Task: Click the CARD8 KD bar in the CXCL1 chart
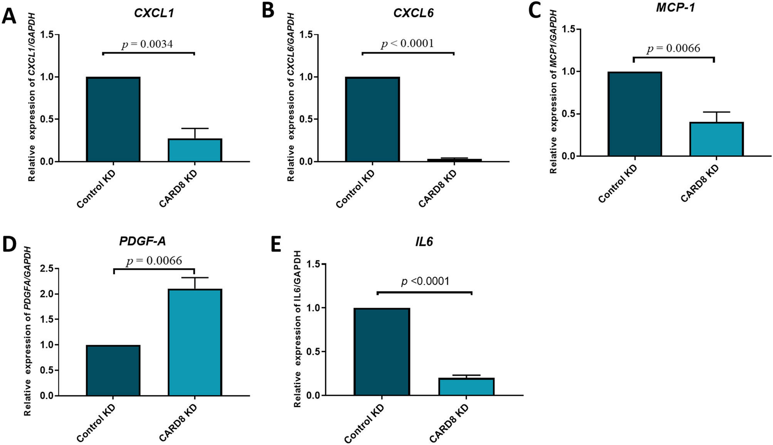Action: [x=195, y=150]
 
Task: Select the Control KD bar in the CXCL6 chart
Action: [x=372, y=119]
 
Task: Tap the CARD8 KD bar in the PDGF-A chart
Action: [x=195, y=343]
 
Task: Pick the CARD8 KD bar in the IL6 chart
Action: [x=466, y=387]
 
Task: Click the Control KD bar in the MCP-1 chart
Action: [x=634, y=114]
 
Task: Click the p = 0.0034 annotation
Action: [x=147, y=44]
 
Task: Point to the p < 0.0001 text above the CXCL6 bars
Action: [x=407, y=43]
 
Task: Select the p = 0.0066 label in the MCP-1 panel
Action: [x=673, y=49]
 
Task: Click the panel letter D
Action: [x=9, y=244]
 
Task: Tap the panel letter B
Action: [x=268, y=11]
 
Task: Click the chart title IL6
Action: [x=424, y=242]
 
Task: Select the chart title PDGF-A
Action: [x=142, y=241]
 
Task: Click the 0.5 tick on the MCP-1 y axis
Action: [x=568, y=114]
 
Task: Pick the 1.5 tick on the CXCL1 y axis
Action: [x=47, y=35]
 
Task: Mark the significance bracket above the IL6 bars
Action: [x=424, y=293]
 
